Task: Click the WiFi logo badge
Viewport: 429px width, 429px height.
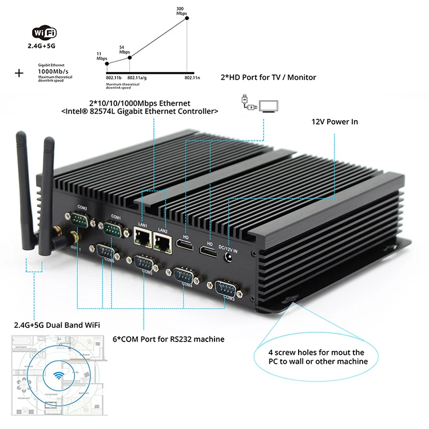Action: click(x=48, y=33)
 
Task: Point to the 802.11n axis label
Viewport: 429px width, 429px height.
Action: click(x=192, y=77)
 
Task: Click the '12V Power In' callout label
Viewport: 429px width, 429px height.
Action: click(x=335, y=122)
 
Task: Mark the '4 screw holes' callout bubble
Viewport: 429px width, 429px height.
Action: click(x=316, y=356)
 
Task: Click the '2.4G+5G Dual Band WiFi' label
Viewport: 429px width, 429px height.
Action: click(x=57, y=325)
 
